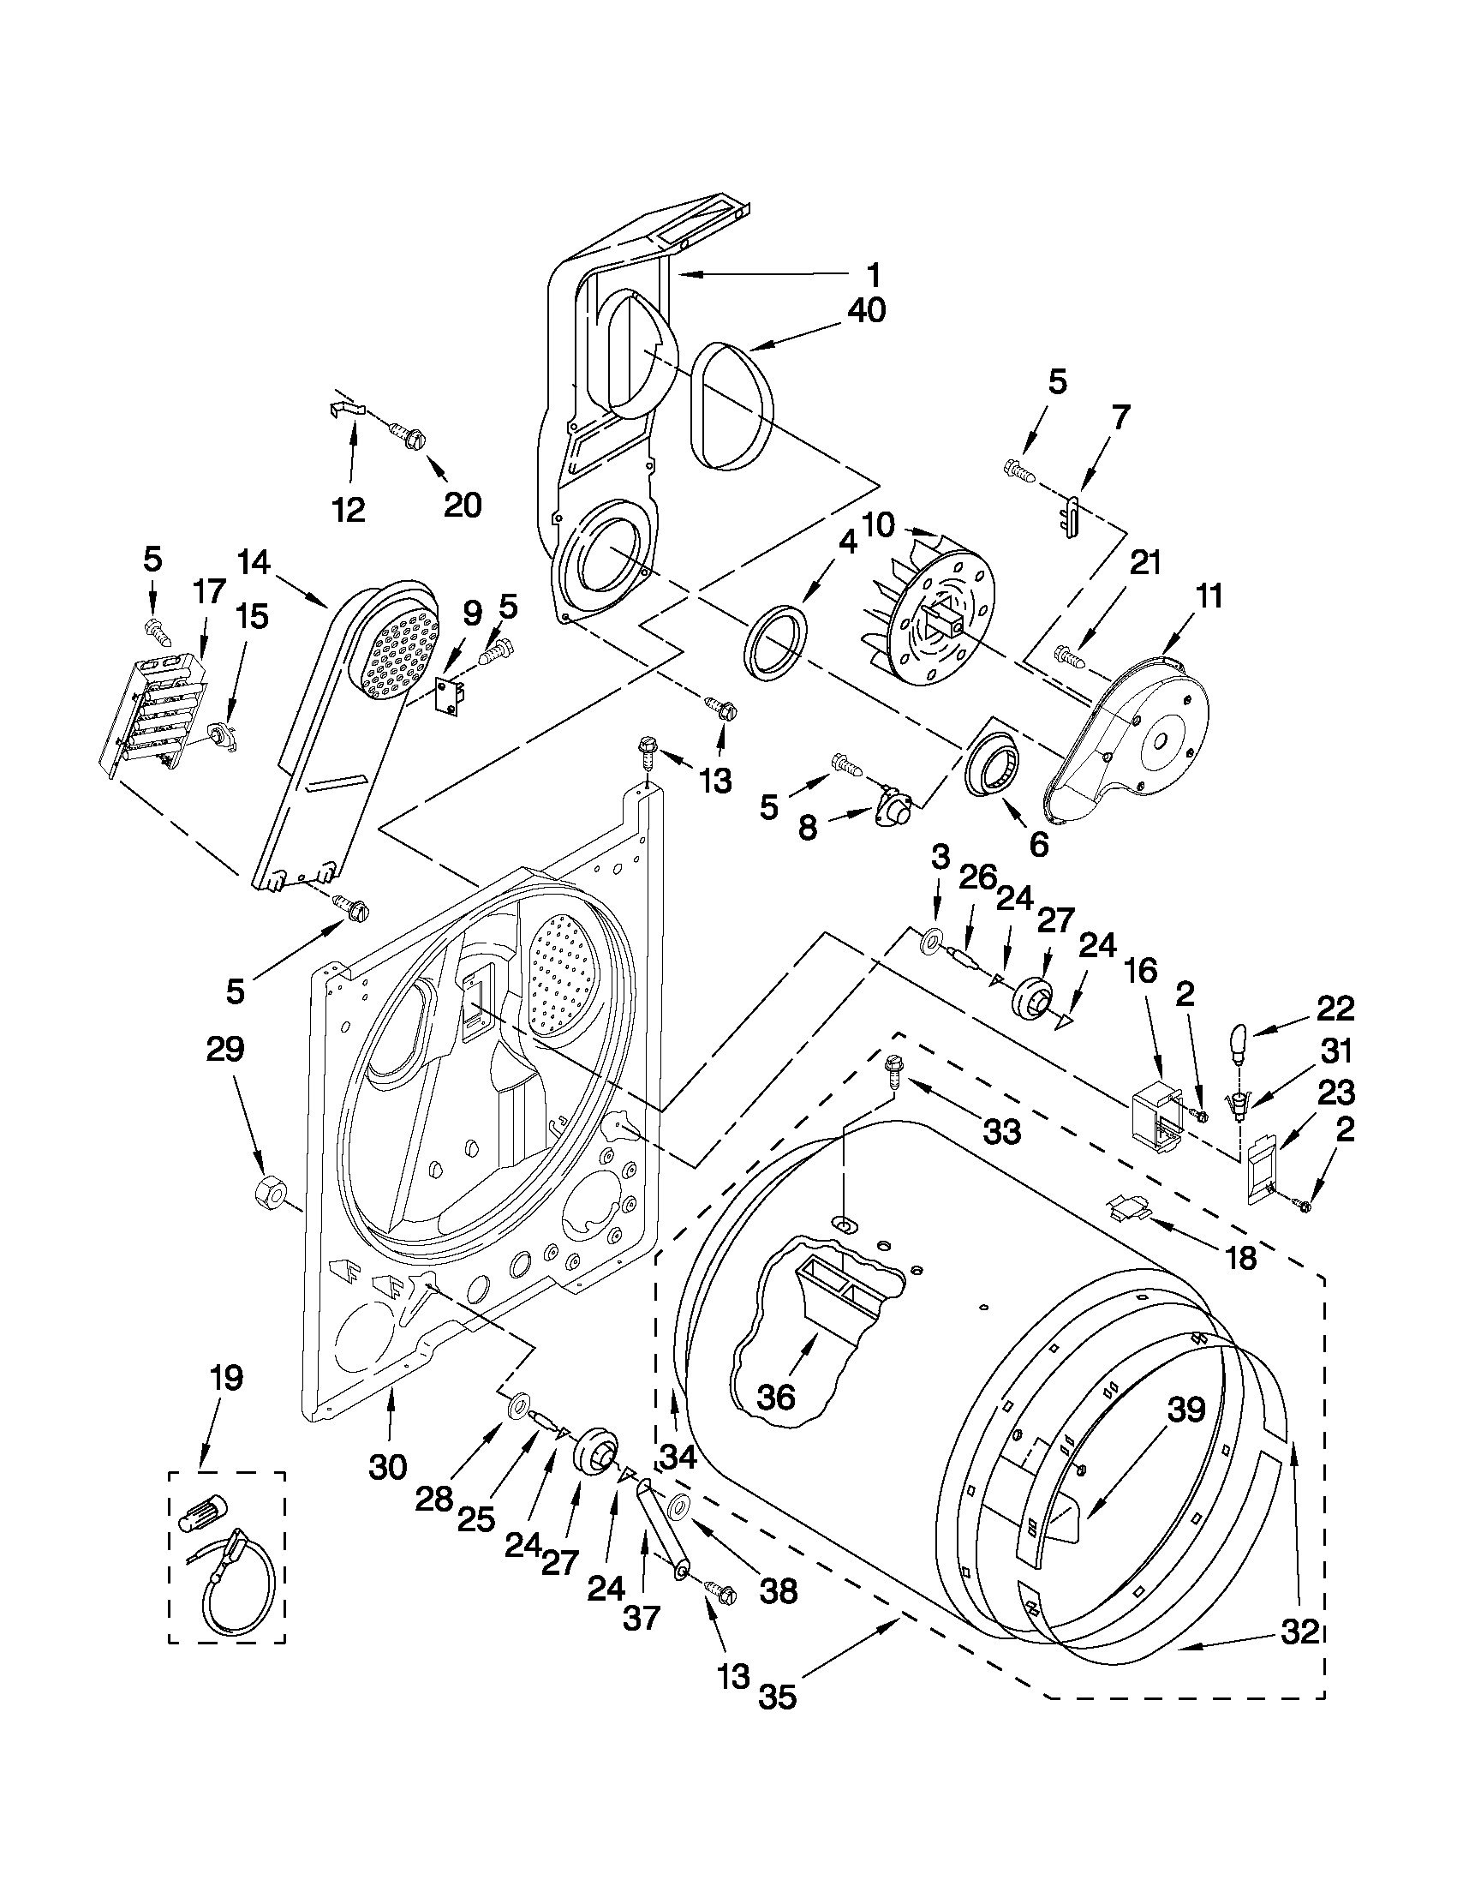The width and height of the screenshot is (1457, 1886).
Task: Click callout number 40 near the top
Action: [x=866, y=310]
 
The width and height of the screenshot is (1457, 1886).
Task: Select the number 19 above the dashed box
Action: [x=226, y=1377]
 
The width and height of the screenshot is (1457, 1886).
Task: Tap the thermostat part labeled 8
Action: [x=893, y=812]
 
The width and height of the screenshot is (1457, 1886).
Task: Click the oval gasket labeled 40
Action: [x=732, y=406]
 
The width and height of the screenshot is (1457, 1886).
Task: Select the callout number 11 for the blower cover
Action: [x=1209, y=596]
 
